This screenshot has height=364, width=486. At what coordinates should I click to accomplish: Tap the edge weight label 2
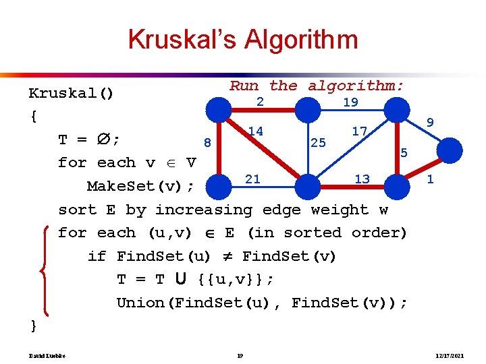(x=259, y=102)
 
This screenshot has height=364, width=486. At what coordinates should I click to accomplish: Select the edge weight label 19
(x=350, y=102)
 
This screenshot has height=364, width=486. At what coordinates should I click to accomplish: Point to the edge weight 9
(x=430, y=123)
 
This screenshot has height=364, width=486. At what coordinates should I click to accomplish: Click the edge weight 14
(x=255, y=131)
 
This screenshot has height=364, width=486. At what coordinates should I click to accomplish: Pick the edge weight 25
(x=318, y=142)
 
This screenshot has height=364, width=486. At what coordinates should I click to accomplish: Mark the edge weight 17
(x=360, y=131)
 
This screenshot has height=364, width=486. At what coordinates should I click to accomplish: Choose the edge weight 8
(x=208, y=142)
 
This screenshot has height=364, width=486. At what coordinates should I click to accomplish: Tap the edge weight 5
(x=404, y=153)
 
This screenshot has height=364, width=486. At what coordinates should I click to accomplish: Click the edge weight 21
(x=252, y=179)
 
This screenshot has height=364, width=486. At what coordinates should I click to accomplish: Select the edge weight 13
(x=362, y=179)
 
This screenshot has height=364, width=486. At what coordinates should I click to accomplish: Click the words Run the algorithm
(x=317, y=86)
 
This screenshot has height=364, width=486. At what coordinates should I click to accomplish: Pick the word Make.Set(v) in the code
(x=140, y=186)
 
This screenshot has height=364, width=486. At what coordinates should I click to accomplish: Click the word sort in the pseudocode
(x=77, y=210)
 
